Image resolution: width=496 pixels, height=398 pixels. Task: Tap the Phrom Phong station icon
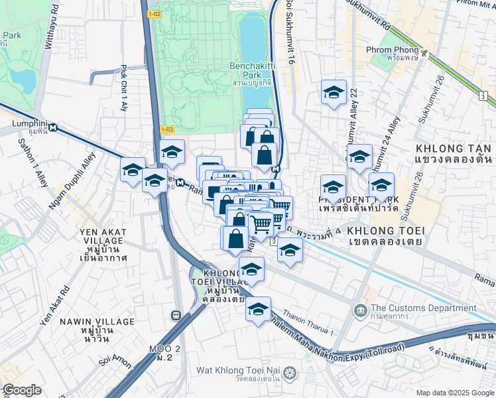coord(423,50)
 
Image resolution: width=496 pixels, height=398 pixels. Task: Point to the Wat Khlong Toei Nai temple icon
coord(289,374)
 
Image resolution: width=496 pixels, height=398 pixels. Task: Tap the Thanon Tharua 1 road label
coord(309,323)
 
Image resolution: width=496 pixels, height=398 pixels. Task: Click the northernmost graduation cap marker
coord(334,92)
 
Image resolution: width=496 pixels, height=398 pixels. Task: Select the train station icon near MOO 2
coord(176,316)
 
